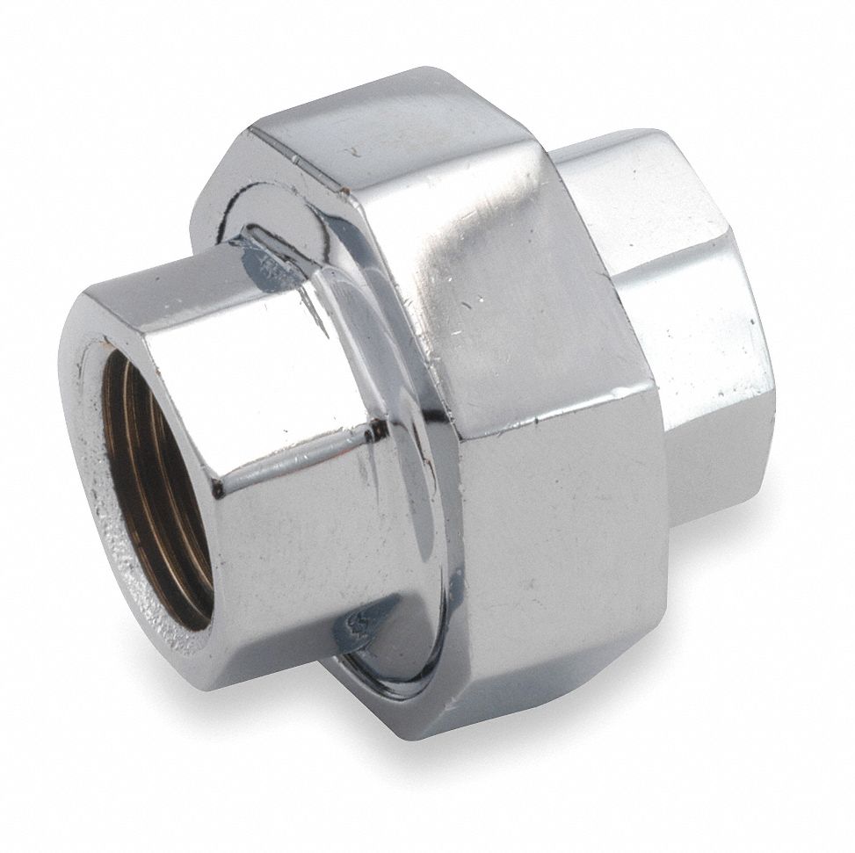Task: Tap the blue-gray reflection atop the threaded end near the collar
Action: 264,255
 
